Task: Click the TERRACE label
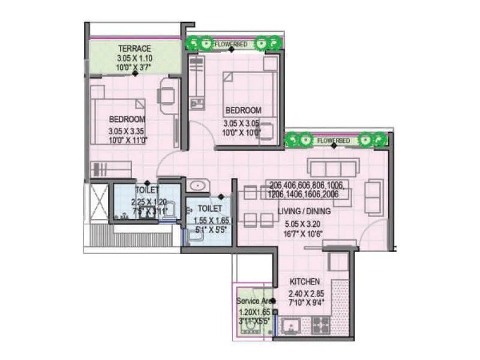134,49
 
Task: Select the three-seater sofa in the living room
332,167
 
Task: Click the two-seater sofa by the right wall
373,197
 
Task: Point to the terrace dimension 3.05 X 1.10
134,59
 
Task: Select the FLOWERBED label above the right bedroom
233,44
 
